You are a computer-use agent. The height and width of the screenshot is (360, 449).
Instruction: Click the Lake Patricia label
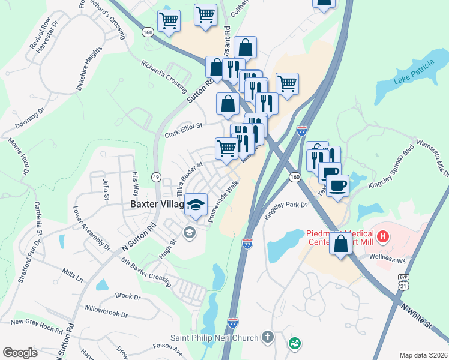pos(414,71)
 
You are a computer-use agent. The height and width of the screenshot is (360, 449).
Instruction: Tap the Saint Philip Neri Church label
pos(215,338)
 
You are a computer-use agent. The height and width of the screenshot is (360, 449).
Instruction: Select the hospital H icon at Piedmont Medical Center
pos(382,233)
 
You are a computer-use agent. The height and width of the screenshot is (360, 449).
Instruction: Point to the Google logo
pos(20,353)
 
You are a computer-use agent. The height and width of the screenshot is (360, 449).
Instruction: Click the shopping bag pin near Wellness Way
pos(341,245)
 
